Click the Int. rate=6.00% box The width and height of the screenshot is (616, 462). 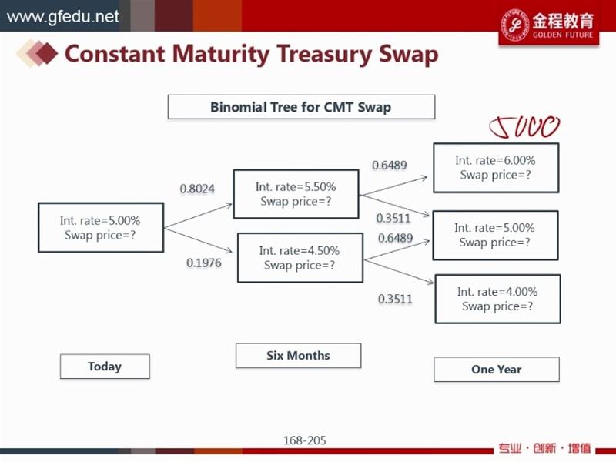[495, 167]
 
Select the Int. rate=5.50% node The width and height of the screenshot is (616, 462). [296, 194]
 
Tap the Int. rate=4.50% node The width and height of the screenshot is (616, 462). [300, 258]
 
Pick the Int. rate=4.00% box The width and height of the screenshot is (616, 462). [497, 299]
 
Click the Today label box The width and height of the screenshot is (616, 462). [105, 367]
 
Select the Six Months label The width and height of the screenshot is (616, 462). [298, 356]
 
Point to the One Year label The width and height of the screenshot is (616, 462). [497, 370]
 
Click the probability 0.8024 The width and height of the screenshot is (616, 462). [196, 188]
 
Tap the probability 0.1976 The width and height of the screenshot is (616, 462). [203, 263]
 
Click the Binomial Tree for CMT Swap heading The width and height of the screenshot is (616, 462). [301, 107]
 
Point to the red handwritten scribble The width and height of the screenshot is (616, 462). [525, 127]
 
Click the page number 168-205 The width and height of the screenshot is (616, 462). [305, 440]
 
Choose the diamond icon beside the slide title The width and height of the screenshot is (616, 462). [38, 53]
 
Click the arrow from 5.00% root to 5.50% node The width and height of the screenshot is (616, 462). [198, 216]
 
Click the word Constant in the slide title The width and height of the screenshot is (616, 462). [114, 54]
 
